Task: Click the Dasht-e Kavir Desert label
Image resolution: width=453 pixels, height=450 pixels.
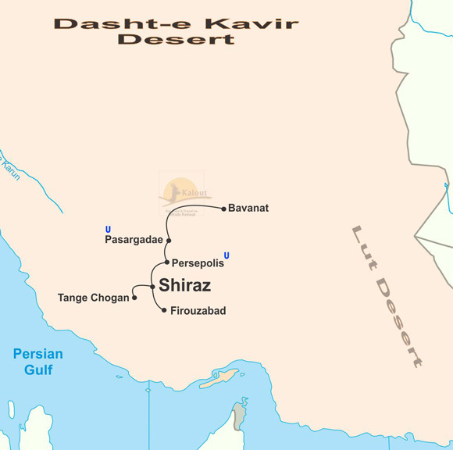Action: (x=176, y=30)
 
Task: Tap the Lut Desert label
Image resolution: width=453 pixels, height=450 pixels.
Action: (x=387, y=296)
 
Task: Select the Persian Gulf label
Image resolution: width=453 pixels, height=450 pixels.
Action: (x=37, y=362)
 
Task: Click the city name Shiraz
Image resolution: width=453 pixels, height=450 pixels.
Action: (x=184, y=285)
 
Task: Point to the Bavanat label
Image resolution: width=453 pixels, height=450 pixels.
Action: (x=248, y=209)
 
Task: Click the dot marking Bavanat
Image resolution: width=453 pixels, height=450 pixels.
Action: (x=223, y=209)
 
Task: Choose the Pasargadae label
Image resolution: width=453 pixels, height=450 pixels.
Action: (x=134, y=240)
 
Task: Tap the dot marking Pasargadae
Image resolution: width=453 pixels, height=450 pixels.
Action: (x=168, y=241)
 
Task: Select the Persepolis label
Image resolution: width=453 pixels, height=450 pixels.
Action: (x=198, y=263)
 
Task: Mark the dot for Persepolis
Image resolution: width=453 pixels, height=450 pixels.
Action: (x=166, y=262)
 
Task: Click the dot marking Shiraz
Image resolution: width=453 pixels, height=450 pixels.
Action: (x=152, y=287)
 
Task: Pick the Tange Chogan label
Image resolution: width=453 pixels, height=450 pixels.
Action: (x=93, y=298)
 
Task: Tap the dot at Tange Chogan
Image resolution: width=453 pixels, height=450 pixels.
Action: (x=135, y=297)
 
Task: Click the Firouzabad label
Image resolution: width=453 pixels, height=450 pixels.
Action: (x=198, y=311)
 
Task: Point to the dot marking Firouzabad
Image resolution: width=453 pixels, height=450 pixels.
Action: (x=163, y=310)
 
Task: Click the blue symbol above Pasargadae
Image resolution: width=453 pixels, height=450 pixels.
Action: (x=108, y=229)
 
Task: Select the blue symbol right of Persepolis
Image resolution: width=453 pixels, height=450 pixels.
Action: (x=226, y=255)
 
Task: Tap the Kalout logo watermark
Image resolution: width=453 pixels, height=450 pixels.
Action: (x=182, y=192)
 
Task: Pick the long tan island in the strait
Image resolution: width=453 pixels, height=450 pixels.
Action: (x=219, y=378)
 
